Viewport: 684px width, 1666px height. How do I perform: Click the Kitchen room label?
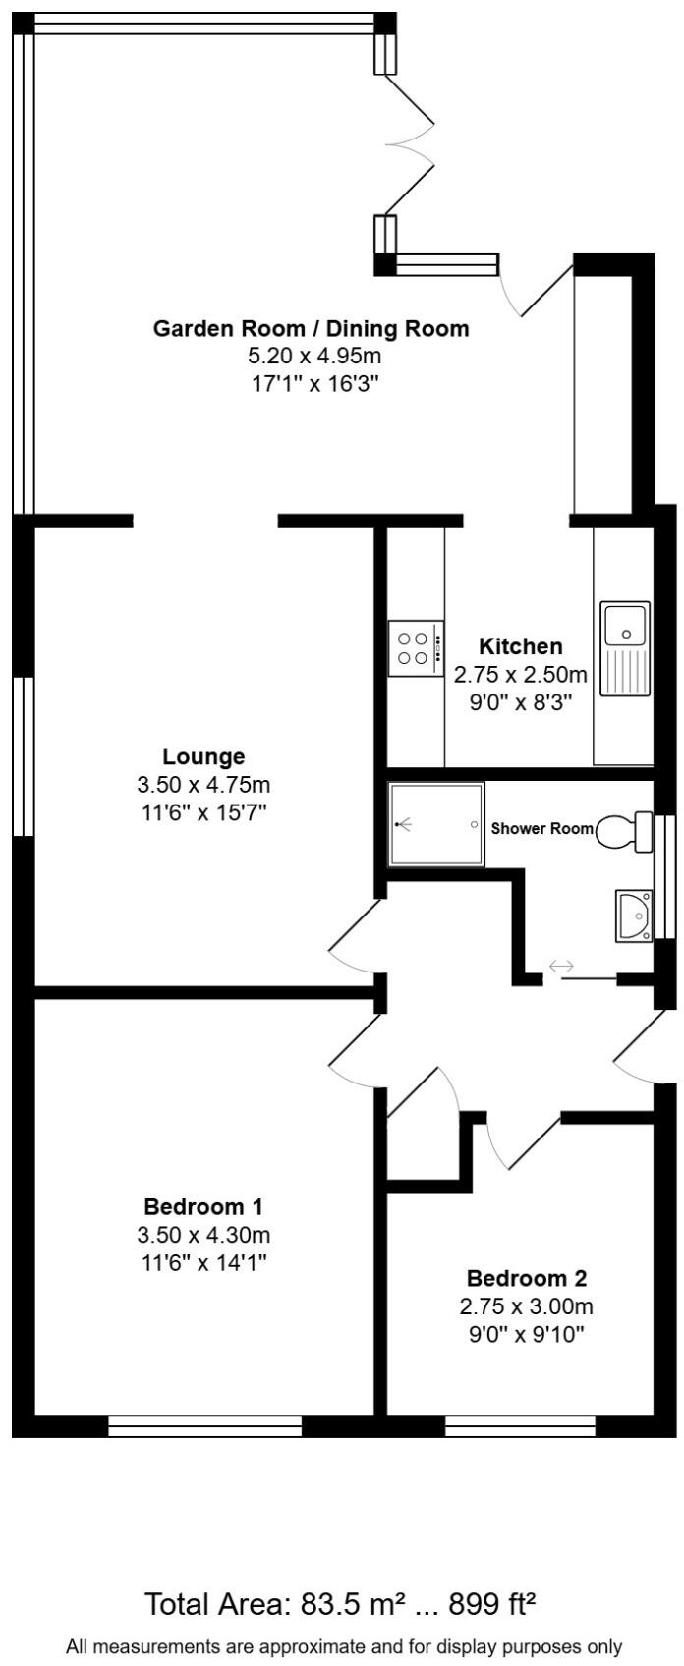point(520,646)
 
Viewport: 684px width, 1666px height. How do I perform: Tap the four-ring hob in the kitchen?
point(416,648)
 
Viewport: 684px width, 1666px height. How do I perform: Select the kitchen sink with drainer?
point(626,648)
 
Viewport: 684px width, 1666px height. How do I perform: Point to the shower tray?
point(436,824)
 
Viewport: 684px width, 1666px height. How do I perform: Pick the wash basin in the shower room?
point(634,916)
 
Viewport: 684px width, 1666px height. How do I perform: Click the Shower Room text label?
point(542,828)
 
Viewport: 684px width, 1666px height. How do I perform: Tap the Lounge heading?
point(203,756)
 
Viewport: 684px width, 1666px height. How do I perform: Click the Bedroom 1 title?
point(203,1206)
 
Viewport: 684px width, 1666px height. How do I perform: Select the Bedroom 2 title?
point(526,1278)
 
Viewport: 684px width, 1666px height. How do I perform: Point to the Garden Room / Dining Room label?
point(311,328)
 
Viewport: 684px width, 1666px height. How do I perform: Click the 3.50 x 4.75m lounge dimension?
point(203,785)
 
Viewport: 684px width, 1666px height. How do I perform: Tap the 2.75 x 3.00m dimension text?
point(526,1306)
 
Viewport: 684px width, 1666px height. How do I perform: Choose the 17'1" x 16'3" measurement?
point(311,383)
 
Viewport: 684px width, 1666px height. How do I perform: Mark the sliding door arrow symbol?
point(561,967)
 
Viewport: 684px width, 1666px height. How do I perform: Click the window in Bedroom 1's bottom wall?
point(204,1425)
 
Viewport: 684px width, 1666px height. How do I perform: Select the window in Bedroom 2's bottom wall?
point(520,1425)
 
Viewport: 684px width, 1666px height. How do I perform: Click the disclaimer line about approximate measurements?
point(343,1645)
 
